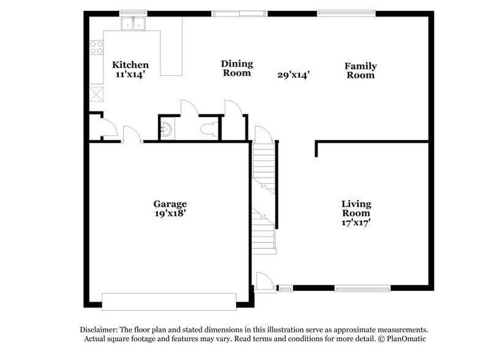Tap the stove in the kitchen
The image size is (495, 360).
(96, 47)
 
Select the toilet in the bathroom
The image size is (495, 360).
(209, 129)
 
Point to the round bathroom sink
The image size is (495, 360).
(166, 129)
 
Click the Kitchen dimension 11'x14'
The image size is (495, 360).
(130, 74)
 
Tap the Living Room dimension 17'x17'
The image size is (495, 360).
(355, 223)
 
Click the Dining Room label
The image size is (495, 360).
(236, 68)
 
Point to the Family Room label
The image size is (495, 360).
(360, 70)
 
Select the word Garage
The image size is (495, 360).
(169, 204)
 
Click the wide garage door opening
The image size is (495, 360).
(168, 301)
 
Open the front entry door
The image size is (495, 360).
(263, 282)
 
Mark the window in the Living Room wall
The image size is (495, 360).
(362, 288)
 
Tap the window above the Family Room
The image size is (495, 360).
(346, 12)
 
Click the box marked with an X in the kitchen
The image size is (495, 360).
(96, 94)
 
